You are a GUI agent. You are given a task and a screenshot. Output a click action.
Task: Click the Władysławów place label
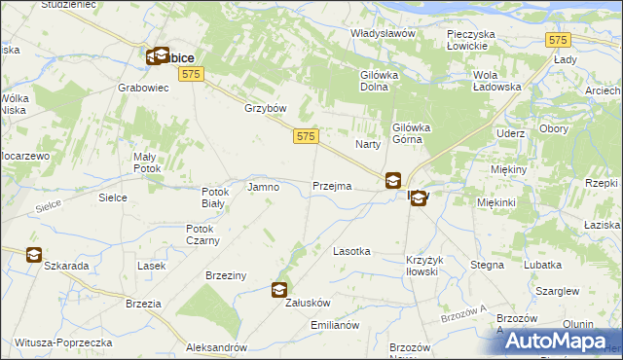coord(383,33)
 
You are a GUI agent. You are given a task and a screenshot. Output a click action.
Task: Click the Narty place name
coord(367,144)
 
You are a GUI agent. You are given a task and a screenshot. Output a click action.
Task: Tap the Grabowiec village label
coord(144,86)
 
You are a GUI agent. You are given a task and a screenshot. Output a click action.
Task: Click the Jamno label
coord(265,186)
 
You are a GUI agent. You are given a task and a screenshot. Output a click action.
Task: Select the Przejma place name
coord(332,186)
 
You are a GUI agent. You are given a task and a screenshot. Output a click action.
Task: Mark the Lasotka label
coord(351,251)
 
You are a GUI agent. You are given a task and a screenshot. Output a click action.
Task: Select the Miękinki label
coord(496,201)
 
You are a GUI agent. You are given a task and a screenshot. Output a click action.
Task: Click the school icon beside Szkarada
coord(33,255)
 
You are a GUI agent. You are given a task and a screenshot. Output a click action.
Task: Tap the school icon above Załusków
coord(279,289)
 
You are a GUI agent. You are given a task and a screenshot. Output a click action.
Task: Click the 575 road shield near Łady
coord(557,40)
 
